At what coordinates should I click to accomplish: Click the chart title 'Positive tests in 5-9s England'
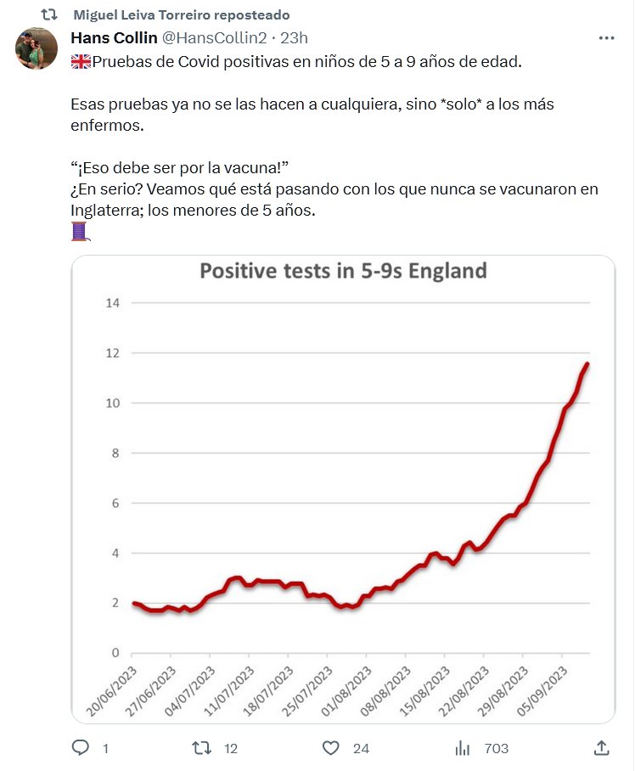[343, 272]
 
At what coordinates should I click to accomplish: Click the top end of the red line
[587, 364]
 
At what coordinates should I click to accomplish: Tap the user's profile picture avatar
[37, 48]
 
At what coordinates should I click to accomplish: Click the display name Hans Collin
[113, 37]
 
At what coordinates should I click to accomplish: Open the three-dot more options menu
[606, 38]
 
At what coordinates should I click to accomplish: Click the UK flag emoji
[81, 62]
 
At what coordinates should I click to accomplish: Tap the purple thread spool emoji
[80, 231]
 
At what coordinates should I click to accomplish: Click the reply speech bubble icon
[81, 748]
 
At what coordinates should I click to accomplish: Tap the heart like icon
[331, 748]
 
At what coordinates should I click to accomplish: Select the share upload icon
[601, 748]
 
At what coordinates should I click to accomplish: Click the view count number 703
[496, 748]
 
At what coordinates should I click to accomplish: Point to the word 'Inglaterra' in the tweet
[106, 210]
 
